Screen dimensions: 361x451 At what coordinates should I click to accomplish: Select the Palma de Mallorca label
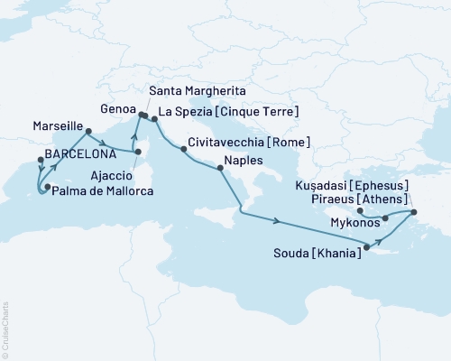tap(88, 192)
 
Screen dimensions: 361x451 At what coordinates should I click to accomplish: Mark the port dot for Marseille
tap(88, 132)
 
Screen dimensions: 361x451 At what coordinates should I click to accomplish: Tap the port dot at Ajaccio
tap(138, 164)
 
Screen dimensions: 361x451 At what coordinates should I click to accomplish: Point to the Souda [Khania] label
tap(319, 255)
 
